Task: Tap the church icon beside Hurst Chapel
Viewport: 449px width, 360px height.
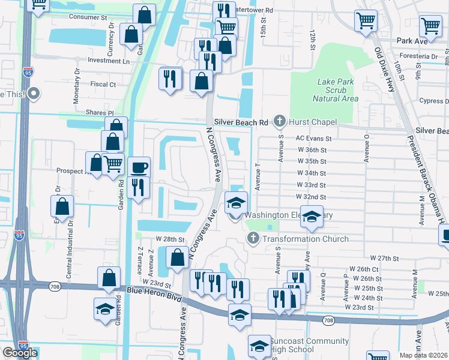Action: (279, 122)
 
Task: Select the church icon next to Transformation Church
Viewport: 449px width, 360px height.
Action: (253, 239)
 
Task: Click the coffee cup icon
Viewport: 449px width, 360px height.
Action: (139, 168)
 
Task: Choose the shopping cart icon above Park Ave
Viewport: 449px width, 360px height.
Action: (431, 26)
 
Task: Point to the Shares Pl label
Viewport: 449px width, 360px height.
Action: (101, 112)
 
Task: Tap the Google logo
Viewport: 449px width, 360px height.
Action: (20, 353)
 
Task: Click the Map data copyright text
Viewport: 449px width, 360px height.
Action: (424, 355)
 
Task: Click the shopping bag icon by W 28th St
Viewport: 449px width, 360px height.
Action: (177, 258)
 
